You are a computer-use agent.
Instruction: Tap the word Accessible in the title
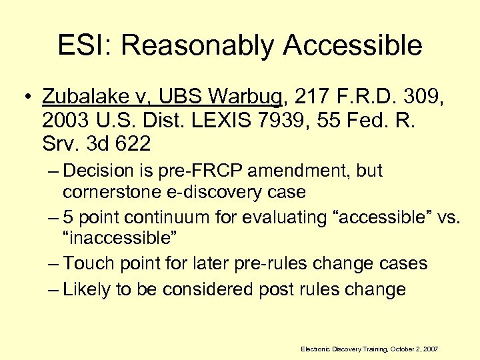tap(352, 45)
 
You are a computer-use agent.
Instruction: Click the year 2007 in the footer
tap(431, 349)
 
